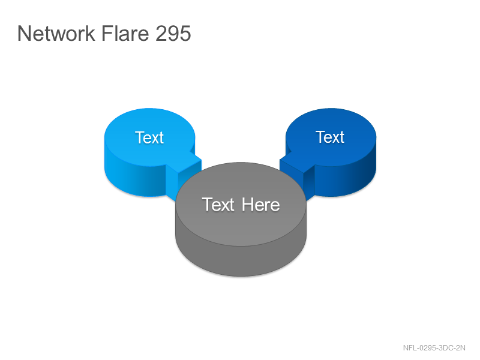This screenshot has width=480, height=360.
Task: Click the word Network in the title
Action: (x=56, y=33)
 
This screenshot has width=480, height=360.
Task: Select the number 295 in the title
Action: (x=173, y=33)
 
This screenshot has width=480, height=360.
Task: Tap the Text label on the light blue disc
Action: (x=149, y=137)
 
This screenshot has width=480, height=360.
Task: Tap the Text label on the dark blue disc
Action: (x=330, y=137)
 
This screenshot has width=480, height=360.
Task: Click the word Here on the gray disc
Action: (x=260, y=205)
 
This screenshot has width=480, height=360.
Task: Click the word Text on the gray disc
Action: (x=218, y=205)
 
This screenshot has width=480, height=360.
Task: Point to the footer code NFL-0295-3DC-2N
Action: (x=434, y=348)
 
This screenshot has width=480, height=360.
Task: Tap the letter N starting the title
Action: (x=25, y=33)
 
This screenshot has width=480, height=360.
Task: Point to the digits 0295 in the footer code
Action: (x=428, y=348)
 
